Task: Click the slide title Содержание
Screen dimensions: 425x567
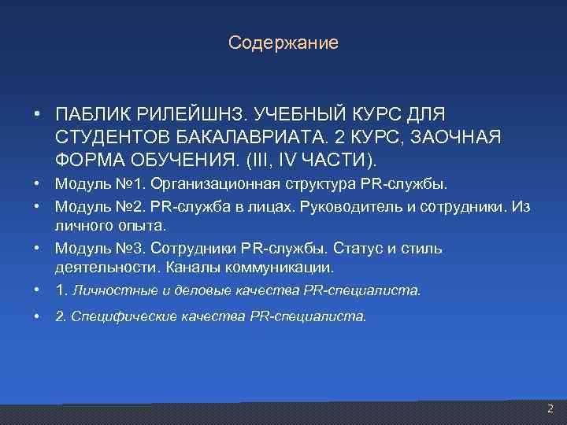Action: [x=283, y=42]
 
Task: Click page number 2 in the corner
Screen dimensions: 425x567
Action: [x=550, y=408]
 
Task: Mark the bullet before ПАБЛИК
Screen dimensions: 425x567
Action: [x=38, y=115]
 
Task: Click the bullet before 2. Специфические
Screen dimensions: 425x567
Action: [x=38, y=316]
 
